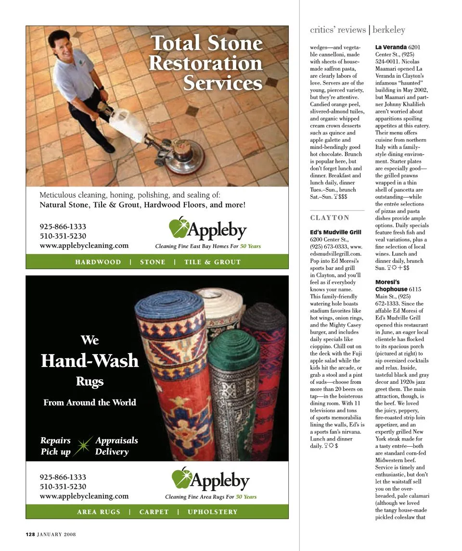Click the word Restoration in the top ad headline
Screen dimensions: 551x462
206,63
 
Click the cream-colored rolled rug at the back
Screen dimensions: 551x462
219,307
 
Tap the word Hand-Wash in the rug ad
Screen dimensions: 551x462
90,360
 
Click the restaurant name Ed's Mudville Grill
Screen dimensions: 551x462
335,232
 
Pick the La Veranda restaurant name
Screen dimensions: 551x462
391,47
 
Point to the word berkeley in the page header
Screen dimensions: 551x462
389,30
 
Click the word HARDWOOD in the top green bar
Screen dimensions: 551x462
98,262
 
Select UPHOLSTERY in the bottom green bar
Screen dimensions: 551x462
212,512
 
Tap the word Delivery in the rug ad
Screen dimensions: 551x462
112,452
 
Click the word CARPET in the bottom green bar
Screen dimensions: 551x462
154,512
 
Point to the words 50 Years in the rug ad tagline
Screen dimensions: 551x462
246,497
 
